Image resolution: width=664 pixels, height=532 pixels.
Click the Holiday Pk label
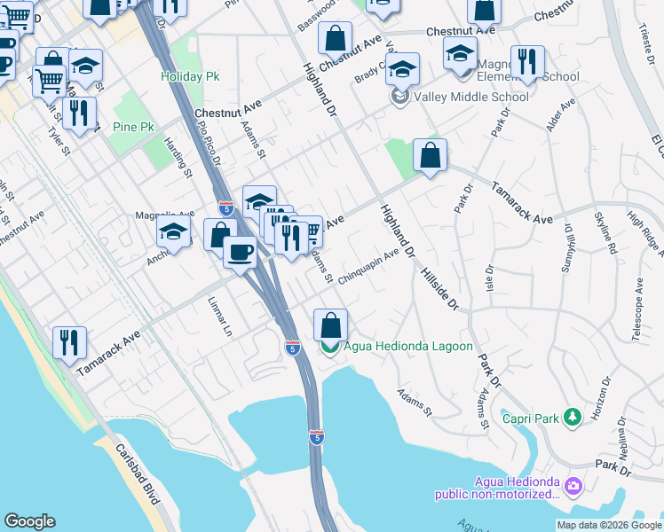pos(189,76)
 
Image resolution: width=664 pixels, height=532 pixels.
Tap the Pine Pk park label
pos(133,127)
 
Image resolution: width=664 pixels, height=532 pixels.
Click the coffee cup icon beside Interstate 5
pos(239,253)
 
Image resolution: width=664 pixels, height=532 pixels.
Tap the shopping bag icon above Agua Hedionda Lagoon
pos(330,325)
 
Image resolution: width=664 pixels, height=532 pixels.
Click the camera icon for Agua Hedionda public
pos(573,485)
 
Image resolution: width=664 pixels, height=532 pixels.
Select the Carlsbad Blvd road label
pos(138,476)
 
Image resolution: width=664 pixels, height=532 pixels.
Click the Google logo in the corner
pos(30,521)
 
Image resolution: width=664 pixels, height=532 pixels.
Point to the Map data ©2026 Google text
pos(609,525)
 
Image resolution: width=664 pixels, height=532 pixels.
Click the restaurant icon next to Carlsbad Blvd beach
pos(69,342)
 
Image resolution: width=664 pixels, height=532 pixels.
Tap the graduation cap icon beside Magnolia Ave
pos(174,232)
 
